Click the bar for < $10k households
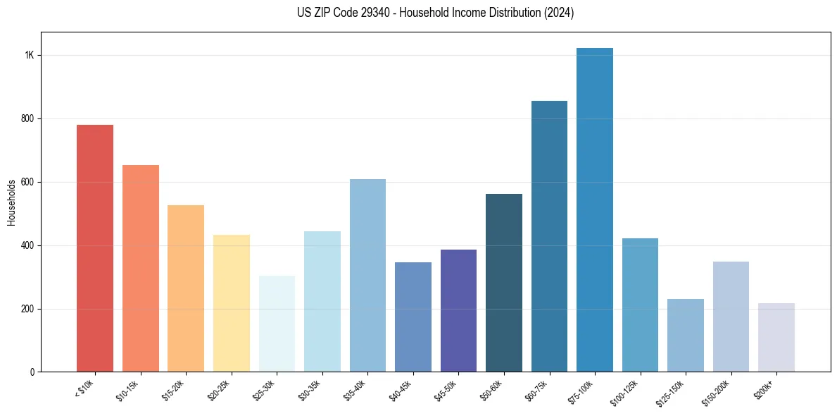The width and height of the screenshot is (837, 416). pyautogui.click(x=95, y=248)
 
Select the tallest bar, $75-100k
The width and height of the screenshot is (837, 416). pyautogui.click(x=595, y=210)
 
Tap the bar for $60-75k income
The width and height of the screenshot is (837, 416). pyautogui.click(x=549, y=236)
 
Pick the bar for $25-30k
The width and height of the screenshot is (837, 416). pyautogui.click(x=277, y=324)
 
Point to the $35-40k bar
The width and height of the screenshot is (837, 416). pyautogui.click(x=367, y=276)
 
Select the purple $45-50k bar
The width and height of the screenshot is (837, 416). pyautogui.click(x=458, y=311)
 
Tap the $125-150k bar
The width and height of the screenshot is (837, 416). pyautogui.click(x=686, y=336)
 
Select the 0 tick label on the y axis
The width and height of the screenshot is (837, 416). pyautogui.click(x=32, y=372)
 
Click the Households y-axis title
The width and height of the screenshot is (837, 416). pyautogui.click(x=11, y=202)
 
